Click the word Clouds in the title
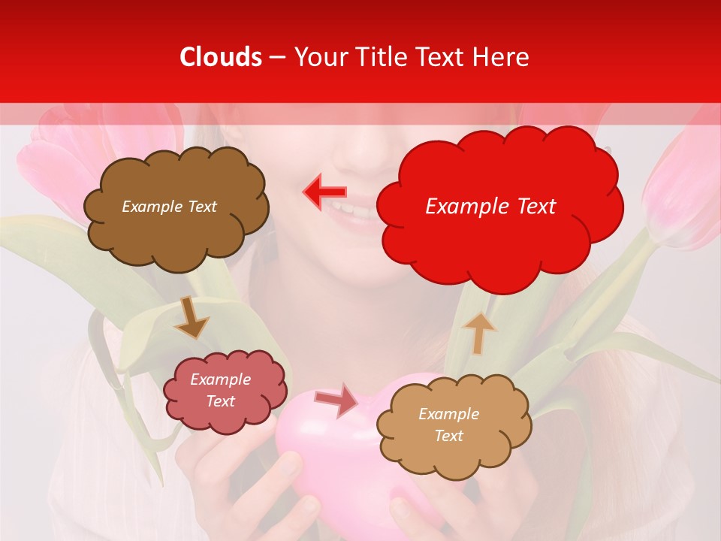(222, 57)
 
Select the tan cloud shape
(454, 451)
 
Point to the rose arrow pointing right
(336, 400)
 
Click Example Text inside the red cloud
(490, 207)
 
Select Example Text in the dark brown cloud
(169, 207)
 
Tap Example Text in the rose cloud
(221, 391)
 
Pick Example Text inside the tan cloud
(448, 425)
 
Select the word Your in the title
(320, 57)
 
